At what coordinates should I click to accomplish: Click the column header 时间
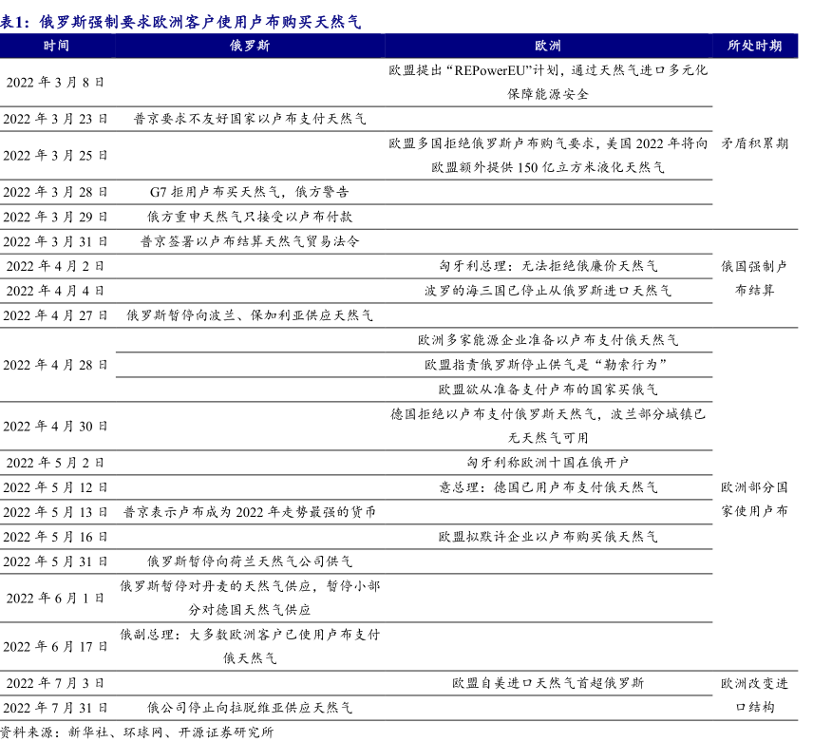[56, 46]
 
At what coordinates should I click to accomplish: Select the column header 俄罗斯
[250, 46]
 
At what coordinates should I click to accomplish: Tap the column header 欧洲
[548, 46]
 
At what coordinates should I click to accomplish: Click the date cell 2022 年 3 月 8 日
[56, 82]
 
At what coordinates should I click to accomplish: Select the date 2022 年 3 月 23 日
[56, 119]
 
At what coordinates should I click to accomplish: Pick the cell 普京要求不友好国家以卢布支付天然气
[250, 119]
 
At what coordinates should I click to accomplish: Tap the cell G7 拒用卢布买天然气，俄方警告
[250, 192]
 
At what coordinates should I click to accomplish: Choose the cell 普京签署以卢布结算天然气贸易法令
[250, 241]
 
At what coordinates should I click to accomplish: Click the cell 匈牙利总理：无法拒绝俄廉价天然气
[548, 266]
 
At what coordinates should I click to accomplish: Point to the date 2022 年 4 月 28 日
[56, 365]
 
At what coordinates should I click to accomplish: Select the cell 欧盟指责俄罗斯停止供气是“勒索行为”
[548, 365]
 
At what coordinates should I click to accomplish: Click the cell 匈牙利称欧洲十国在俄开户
[548, 463]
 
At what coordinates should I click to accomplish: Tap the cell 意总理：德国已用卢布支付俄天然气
[548, 487]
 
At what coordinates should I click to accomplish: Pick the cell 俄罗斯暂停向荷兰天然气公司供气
[250, 561]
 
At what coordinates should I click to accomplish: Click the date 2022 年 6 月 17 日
[56, 647]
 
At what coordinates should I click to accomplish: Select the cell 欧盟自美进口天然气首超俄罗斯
[548, 683]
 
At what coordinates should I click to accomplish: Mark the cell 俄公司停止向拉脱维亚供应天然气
[250, 708]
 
